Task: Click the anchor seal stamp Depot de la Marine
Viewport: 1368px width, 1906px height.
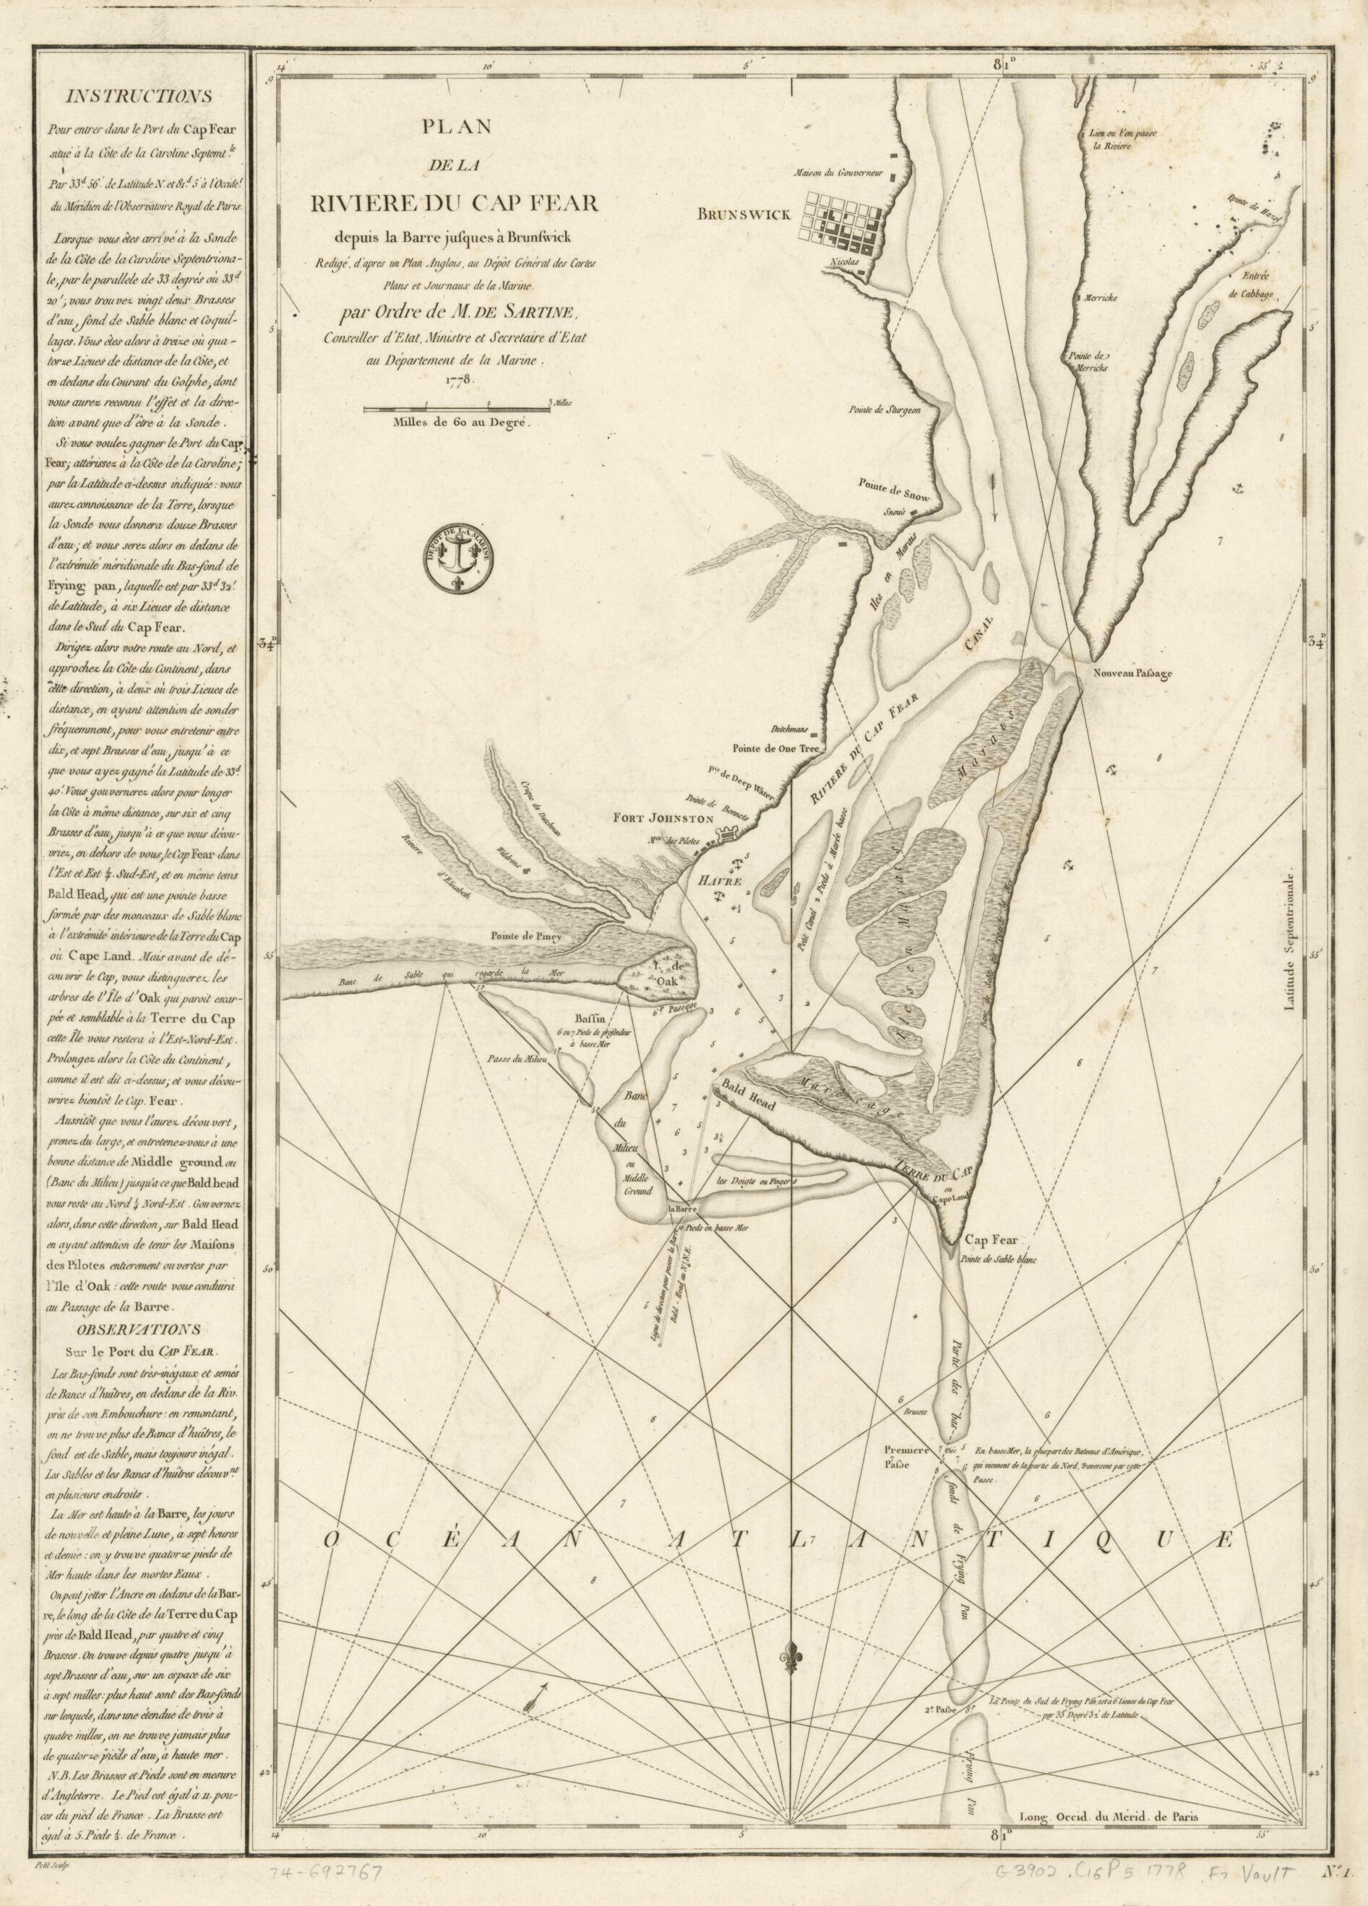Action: coord(459,561)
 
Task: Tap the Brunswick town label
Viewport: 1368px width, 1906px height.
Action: coord(744,215)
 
